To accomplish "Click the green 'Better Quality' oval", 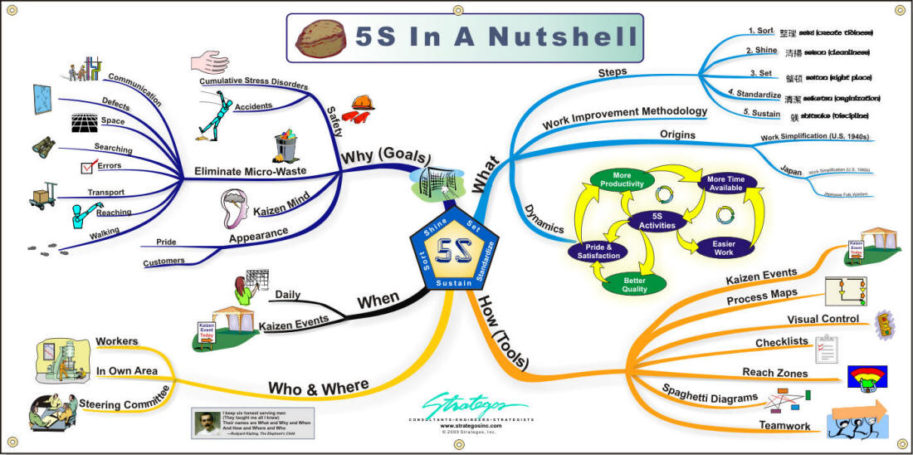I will coord(635,285).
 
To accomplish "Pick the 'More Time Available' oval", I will coord(725,183).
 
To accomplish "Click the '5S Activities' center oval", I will coord(651,221).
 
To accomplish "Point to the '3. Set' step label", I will coord(760,74).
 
